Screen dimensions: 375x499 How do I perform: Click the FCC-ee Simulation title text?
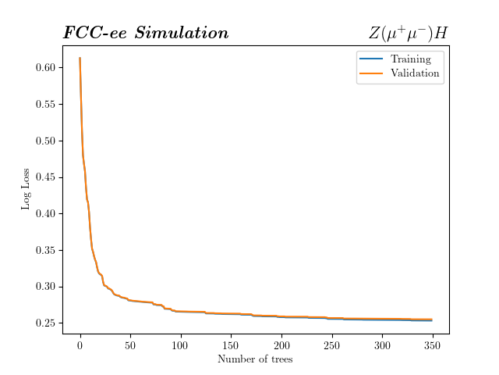(146, 33)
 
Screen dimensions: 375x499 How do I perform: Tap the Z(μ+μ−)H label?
(408, 33)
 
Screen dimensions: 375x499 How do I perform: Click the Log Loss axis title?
(26, 189)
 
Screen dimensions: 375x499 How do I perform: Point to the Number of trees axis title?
(256, 359)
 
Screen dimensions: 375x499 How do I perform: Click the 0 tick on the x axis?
(80, 345)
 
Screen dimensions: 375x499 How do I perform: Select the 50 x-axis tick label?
(130, 345)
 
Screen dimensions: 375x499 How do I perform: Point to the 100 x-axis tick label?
(181, 345)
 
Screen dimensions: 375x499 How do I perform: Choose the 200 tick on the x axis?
(281, 345)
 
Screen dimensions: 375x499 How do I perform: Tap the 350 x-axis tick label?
(433, 345)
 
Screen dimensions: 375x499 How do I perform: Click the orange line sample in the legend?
(370, 74)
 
